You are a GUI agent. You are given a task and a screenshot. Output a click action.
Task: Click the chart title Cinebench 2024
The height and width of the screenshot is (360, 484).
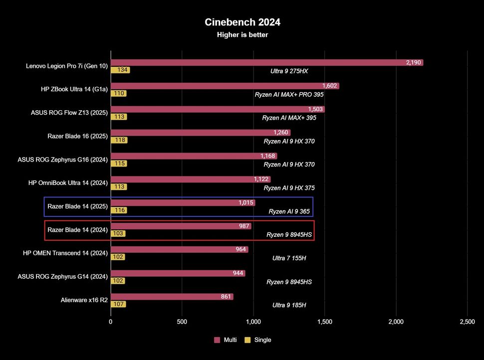point(242,22)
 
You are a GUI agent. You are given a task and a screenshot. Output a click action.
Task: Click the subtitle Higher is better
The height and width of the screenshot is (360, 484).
point(242,34)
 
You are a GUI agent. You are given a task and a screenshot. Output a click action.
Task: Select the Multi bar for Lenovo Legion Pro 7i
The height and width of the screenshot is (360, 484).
point(267,63)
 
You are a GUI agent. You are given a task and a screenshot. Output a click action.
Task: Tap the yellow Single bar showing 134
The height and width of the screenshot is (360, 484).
point(120,70)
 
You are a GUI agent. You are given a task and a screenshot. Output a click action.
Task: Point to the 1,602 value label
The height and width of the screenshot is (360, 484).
point(330,86)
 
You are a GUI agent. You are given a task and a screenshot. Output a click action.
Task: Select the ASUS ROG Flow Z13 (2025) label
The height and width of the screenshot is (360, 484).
point(69,112)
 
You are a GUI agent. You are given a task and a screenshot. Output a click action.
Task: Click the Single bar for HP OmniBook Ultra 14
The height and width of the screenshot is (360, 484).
point(119,187)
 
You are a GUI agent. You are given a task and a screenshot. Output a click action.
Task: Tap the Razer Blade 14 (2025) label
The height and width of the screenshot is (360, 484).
point(77,206)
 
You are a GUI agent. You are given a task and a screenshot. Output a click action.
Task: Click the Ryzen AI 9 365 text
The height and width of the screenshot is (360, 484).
point(289,211)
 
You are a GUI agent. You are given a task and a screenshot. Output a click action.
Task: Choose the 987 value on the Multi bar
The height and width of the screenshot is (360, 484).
point(244,226)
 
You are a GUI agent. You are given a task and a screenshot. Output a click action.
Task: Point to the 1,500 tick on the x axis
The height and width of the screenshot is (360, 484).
point(324,322)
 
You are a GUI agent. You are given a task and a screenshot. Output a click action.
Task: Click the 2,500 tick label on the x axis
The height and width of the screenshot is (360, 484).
point(467,322)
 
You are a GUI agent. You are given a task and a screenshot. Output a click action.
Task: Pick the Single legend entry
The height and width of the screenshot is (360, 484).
point(258,340)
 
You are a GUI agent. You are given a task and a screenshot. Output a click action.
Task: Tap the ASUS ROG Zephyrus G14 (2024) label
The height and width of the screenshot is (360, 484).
point(62,276)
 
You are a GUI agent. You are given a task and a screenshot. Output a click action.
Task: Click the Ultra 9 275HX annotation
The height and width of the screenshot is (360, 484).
point(289,71)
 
